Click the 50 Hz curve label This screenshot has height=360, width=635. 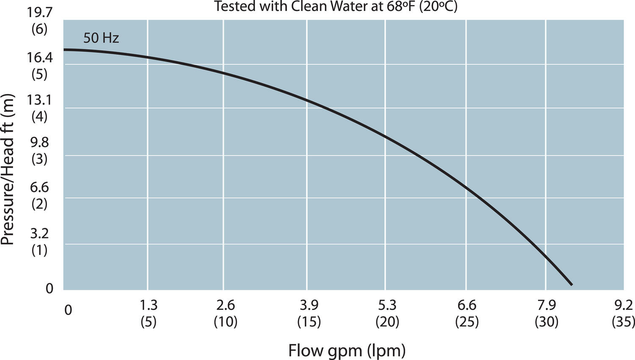click(101, 38)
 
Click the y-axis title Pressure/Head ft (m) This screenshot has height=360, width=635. click(8, 169)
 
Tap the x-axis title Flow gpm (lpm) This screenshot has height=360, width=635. click(347, 351)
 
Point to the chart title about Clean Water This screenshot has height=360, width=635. click(335, 6)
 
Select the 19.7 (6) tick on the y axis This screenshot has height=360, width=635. click(40, 21)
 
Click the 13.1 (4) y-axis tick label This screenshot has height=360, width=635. click(40, 108)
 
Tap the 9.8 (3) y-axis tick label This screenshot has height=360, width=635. click(40, 151)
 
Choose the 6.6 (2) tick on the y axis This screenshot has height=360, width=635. click(40, 195)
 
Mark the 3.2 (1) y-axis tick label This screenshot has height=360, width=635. click(40, 241)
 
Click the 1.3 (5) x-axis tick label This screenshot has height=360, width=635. click(148, 313)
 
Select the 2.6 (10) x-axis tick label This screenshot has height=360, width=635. click(225, 313)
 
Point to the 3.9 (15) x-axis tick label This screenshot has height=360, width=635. click(309, 313)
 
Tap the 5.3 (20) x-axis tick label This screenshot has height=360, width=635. click(387, 313)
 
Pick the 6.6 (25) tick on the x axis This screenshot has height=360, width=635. click(467, 313)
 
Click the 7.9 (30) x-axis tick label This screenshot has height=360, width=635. click(547, 313)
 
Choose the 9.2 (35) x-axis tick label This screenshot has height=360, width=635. click(624, 313)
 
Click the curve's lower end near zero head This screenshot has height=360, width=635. click(571, 284)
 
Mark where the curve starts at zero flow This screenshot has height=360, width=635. click(64, 50)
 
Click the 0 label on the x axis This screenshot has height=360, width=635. click(68, 310)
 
